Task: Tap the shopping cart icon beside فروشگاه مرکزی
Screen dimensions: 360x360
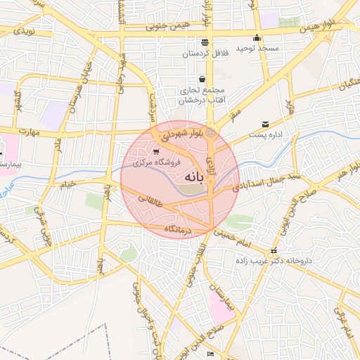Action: click(x=156, y=151)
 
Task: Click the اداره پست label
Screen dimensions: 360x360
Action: click(x=265, y=134)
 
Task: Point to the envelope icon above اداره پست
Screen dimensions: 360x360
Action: click(x=265, y=123)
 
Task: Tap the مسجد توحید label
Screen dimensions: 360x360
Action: click(x=257, y=48)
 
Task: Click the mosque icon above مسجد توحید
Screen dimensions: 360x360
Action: click(x=257, y=38)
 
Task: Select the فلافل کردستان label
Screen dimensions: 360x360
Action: click(x=204, y=53)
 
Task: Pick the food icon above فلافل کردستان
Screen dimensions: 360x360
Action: click(x=205, y=42)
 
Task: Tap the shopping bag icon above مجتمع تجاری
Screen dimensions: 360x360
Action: click(x=202, y=79)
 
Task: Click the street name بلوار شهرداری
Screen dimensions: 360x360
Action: click(x=182, y=132)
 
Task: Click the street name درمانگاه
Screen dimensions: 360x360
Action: click(x=179, y=230)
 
